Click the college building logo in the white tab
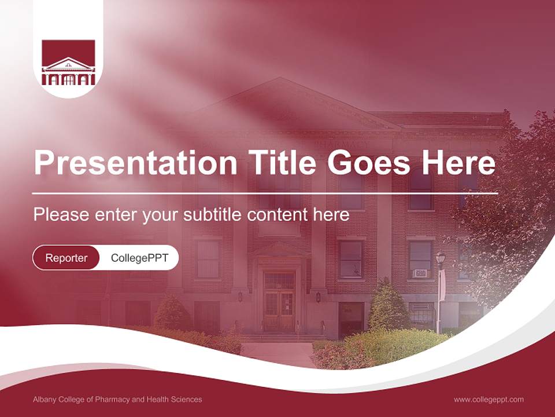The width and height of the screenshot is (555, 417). coord(68,63)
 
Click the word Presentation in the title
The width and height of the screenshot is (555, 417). coord(135,164)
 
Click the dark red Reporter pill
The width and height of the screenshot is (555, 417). coord(66,258)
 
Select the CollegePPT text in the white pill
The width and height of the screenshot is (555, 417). coord(139,258)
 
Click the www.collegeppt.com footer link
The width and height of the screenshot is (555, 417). coord(489,399)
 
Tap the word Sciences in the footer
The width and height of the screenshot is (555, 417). coord(187,399)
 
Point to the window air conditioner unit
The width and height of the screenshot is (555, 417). coord(420,273)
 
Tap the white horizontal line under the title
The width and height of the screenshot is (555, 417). coord(265,193)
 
